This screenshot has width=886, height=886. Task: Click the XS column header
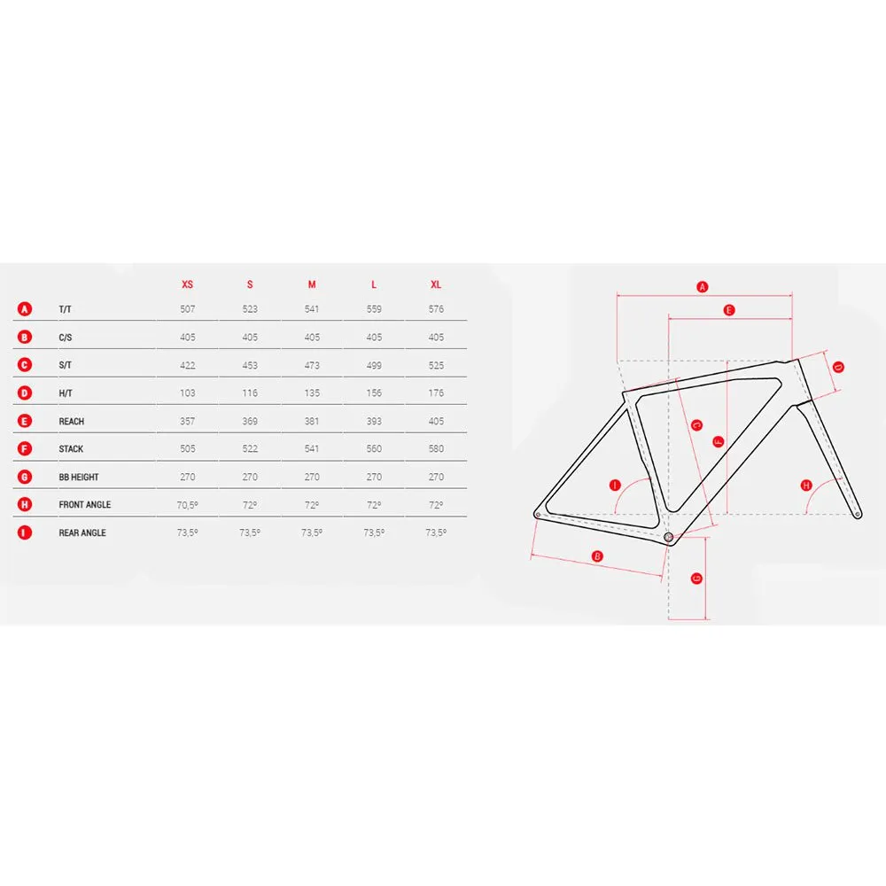[187, 284]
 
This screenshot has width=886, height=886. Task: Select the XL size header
[436, 284]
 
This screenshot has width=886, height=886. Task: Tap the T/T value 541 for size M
[311, 309]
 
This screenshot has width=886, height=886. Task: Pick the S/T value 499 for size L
[374, 365]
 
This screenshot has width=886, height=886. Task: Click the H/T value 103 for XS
[187, 392]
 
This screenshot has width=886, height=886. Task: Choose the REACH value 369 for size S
[249, 421]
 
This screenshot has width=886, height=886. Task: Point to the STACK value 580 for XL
[436, 448]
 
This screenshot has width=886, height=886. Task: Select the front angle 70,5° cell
[187, 505]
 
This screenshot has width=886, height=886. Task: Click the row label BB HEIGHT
[79, 477]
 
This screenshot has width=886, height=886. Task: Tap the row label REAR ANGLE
[82, 532]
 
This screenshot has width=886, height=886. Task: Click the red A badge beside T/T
[24, 309]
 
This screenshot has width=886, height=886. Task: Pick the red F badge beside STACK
[24, 448]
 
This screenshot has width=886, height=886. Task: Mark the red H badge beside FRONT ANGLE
[24, 505]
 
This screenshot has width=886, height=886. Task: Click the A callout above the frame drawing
[702, 287]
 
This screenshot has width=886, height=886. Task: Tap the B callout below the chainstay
[596, 556]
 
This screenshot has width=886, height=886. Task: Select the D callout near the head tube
[838, 368]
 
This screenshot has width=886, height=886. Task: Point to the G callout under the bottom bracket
[696, 578]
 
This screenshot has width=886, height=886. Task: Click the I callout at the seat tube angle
[615, 485]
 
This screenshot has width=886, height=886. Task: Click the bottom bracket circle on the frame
[668, 537]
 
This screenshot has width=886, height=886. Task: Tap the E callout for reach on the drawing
[729, 310]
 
